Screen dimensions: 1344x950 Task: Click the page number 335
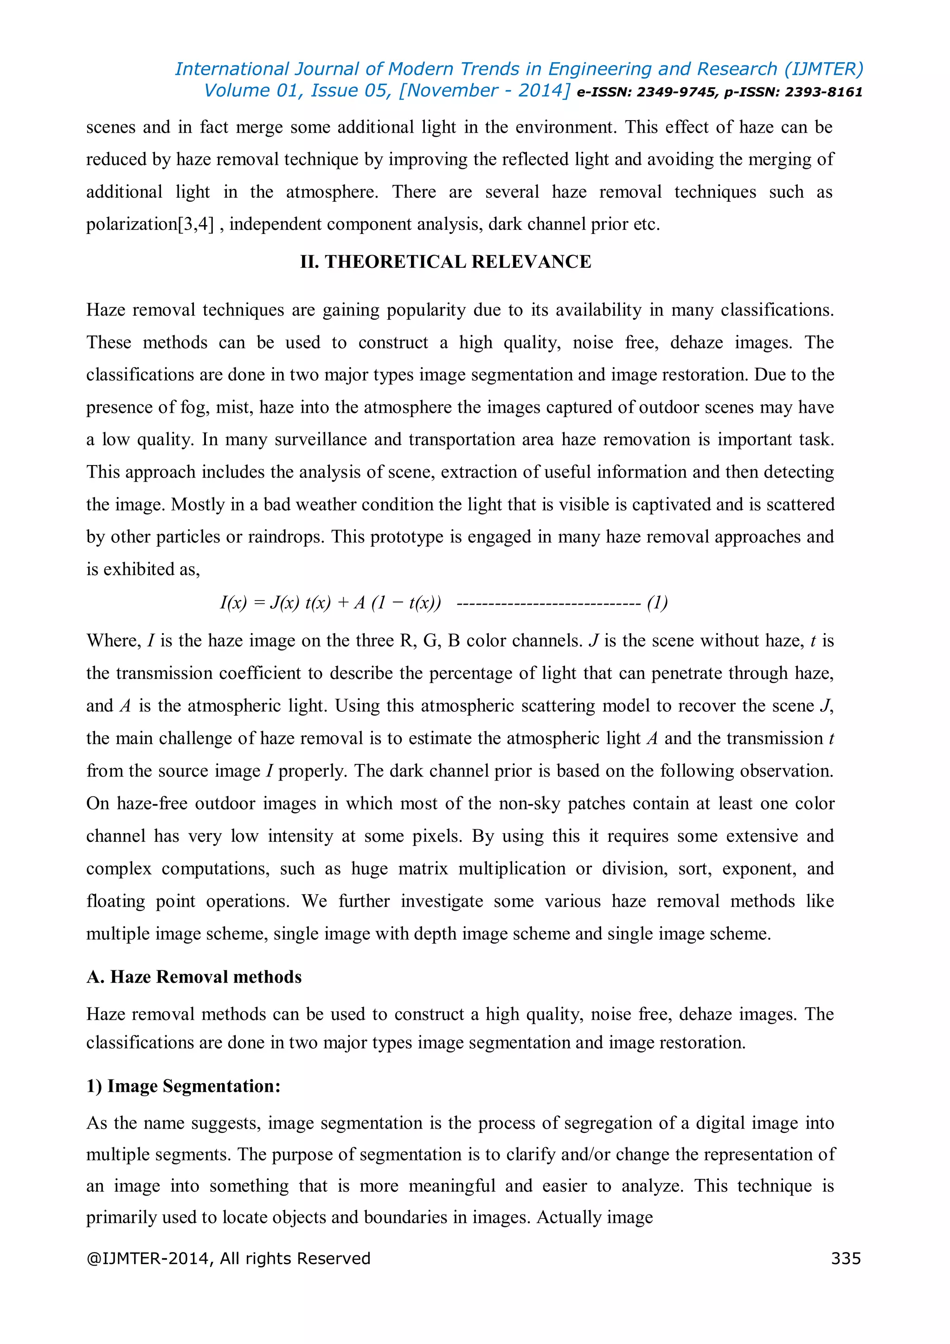(x=845, y=1258)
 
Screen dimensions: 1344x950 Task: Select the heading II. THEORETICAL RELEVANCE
(x=445, y=262)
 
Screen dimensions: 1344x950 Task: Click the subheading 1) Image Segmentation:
(x=183, y=1086)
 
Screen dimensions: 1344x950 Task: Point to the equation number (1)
(x=657, y=602)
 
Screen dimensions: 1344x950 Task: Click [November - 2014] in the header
(x=484, y=91)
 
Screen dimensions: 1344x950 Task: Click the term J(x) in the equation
(x=284, y=602)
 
